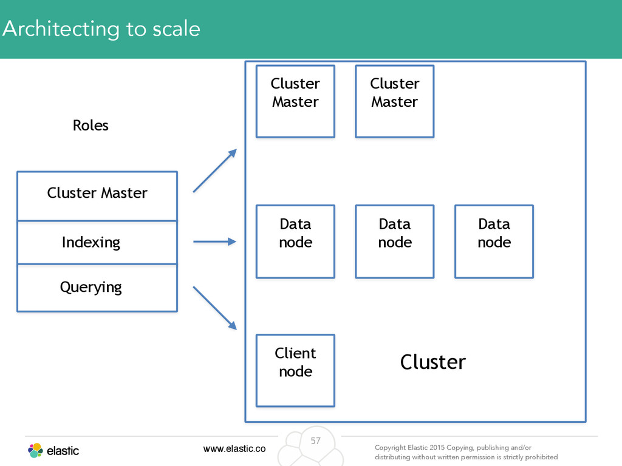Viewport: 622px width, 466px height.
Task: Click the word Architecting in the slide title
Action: [x=61, y=29]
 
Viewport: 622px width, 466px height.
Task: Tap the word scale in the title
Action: [x=176, y=29]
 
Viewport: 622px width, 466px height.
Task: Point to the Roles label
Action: [x=91, y=125]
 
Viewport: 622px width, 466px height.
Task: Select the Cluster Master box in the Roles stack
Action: [x=97, y=196]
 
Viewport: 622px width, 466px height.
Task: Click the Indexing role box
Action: [x=97, y=243]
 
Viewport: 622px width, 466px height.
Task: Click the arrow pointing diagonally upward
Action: [x=215, y=171]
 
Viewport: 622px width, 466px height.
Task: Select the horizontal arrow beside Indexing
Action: [x=214, y=241]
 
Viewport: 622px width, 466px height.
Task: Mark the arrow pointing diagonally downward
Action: [x=215, y=308]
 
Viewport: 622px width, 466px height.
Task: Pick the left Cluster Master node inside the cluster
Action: [x=296, y=101]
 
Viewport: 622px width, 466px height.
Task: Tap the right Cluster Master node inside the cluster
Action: [x=395, y=101]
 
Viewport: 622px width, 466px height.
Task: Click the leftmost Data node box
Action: [x=296, y=241]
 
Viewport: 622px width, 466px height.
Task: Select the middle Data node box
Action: [x=395, y=241]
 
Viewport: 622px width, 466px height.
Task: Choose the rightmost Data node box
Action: [x=494, y=241]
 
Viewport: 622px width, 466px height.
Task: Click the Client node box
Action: [x=296, y=371]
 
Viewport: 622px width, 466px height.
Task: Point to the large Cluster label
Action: [x=432, y=362]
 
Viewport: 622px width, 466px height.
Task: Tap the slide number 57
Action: [x=316, y=441]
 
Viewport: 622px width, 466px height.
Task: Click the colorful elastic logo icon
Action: [x=35, y=451]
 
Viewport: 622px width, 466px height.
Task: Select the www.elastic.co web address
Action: [x=234, y=448]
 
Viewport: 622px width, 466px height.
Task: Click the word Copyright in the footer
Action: [x=391, y=448]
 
